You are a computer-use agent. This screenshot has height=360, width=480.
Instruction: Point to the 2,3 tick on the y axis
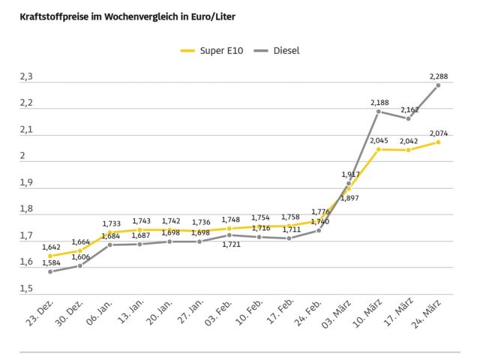tap(26, 76)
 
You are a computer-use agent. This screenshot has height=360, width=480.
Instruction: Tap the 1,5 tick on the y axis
tap(26, 289)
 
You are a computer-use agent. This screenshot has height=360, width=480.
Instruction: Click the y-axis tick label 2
tap(23, 156)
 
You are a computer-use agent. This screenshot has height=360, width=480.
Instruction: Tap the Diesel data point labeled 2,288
tap(438, 85)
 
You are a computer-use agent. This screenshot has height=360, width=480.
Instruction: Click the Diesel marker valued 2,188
tap(379, 111)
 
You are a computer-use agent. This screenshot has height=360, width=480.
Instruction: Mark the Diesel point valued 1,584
tap(49, 271)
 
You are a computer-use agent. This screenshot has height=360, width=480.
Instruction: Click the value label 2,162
tap(409, 109)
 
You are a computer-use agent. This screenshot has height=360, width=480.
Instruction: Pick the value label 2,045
tap(379, 140)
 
